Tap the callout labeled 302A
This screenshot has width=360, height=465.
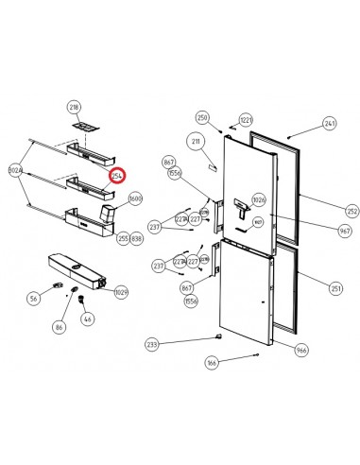[15, 171]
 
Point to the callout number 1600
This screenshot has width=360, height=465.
[135, 199]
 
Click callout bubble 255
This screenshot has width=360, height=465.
[123, 239]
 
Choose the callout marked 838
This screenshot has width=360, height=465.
[136, 239]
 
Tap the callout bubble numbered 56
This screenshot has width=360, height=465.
[33, 299]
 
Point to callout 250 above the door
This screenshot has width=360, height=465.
[201, 118]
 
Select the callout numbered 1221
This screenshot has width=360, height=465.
[246, 120]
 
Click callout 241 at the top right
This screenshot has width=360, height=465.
[330, 124]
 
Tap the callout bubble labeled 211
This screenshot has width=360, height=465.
[197, 142]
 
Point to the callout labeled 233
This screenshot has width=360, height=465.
[152, 345]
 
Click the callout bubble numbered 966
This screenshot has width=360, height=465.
[301, 351]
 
